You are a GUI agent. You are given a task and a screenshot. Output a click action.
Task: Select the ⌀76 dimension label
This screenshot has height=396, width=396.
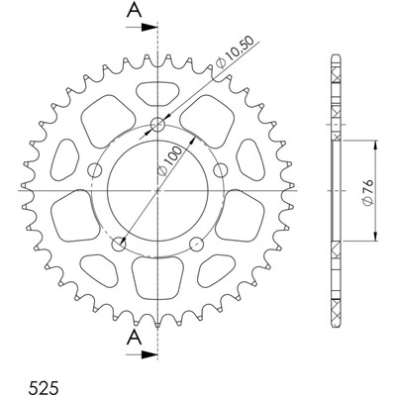(367, 192)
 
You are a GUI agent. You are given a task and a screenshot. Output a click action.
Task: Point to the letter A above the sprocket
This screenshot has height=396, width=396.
(135, 10)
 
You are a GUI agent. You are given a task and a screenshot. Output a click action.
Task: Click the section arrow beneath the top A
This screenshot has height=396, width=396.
(141, 28)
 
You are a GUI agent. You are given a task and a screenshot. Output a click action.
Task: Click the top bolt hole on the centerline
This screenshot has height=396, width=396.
(157, 125)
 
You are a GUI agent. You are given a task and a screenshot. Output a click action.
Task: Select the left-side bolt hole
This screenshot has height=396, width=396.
(95, 170)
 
